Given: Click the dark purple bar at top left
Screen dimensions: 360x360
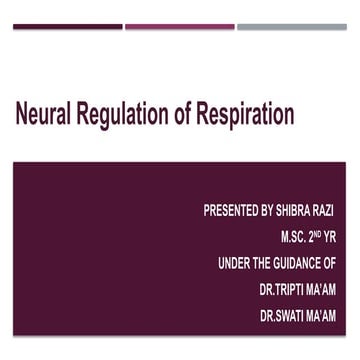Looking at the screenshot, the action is click(68, 26).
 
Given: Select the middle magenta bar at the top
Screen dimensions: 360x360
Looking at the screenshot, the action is click(180, 26).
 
